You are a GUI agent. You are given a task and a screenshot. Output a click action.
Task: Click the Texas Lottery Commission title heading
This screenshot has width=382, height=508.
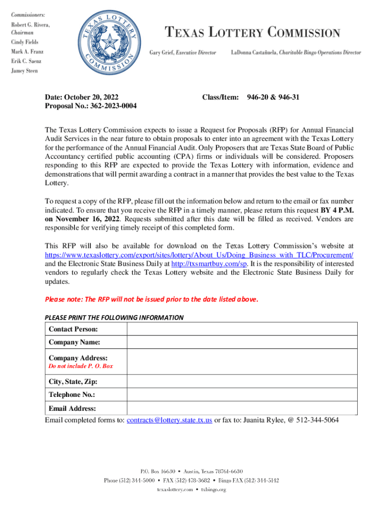coord(253,33)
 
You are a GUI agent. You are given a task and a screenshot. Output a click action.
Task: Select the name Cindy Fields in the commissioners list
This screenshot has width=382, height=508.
coord(25,42)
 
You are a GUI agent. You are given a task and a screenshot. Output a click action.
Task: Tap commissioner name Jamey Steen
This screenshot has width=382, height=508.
coord(25,70)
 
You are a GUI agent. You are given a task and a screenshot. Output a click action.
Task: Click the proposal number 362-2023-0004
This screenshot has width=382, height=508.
coord(91,106)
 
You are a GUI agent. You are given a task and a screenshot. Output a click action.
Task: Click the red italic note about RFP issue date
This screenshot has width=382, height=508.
coord(152,299)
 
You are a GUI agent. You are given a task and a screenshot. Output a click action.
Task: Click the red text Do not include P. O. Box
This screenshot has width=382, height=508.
coord(81,366)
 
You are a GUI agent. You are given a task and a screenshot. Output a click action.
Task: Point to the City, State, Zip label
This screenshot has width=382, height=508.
coord(73,382)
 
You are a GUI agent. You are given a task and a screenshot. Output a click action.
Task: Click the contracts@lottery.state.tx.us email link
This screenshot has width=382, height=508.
coord(170,420)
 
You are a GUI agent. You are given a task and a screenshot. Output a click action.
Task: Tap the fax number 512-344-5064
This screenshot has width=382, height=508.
coord(318,420)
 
